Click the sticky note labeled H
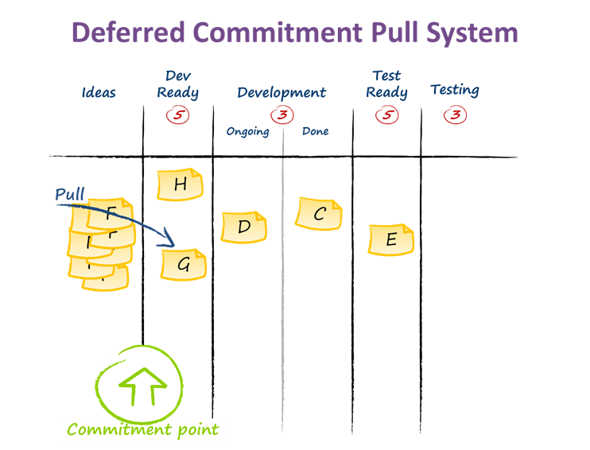(180, 184)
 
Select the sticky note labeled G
(183, 265)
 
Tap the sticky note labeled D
(244, 227)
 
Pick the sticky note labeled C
(320, 213)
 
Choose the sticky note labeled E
(390, 240)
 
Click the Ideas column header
(99, 92)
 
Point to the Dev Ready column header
(177, 84)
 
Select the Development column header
(281, 92)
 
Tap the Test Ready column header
(386, 84)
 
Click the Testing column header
(455, 90)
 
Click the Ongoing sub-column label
(247, 131)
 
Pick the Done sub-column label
(315, 131)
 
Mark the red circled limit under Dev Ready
(177, 115)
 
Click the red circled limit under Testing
(455, 115)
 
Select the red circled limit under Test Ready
(386, 115)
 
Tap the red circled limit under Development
(281, 115)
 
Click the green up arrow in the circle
(142, 385)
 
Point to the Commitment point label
(143, 430)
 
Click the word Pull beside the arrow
(70, 195)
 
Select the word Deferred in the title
(129, 33)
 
